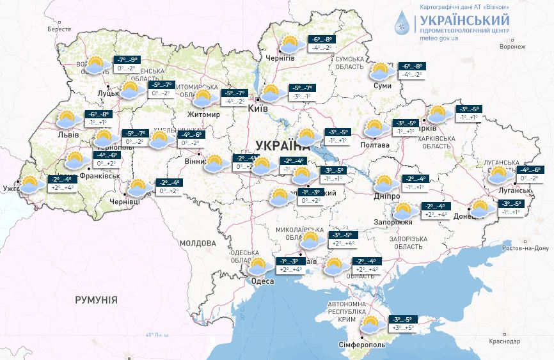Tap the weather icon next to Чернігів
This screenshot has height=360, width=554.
click(291, 44)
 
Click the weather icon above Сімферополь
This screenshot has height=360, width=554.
click(371, 325)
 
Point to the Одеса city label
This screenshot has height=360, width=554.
click(262, 281)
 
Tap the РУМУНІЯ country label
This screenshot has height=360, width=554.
click(96, 299)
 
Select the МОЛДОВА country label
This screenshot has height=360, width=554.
click(198, 244)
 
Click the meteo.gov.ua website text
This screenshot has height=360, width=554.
click(439, 38)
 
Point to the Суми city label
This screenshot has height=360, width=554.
click(383, 86)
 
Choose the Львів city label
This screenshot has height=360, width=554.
click(68, 135)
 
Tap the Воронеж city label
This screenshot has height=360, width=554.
click(512, 47)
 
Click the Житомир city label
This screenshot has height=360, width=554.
click(203, 115)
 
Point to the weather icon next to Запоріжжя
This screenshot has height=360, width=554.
click(403, 210)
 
